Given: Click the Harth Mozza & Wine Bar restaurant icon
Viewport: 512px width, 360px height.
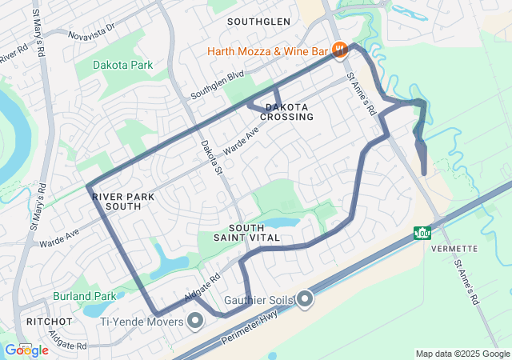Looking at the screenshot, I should (339, 50).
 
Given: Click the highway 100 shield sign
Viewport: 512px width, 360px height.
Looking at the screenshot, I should (422, 233).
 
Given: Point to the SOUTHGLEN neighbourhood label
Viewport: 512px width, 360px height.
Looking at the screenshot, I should (258, 21).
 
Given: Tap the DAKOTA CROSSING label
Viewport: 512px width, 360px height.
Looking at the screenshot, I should (286, 112).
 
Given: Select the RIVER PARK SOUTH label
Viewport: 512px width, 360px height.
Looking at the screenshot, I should (117, 201).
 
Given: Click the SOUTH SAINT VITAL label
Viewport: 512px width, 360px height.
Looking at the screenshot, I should (246, 233).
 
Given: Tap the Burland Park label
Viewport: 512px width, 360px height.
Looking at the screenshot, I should (85, 295).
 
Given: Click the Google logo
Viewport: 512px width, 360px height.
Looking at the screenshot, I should (26, 350).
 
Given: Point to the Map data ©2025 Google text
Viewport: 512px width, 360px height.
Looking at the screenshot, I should (462, 354).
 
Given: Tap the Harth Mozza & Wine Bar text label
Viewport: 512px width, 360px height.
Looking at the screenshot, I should (269, 51).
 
